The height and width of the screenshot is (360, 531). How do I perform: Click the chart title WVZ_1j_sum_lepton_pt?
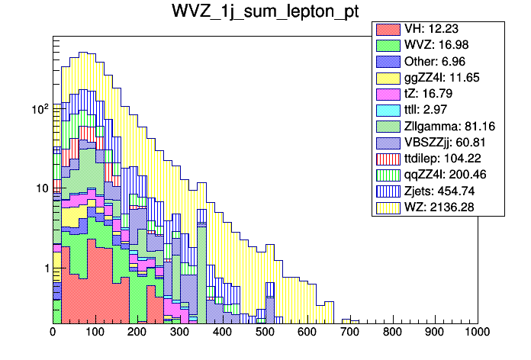(x=265, y=13)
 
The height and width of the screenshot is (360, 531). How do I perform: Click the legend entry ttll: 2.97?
(x=436, y=110)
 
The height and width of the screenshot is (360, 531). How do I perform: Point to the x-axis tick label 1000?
(x=477, y=333)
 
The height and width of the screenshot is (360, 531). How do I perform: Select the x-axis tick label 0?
(x=53, y=333)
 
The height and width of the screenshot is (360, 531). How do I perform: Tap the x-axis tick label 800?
(x=392, y=333)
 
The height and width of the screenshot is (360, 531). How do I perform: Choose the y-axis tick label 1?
(x=45, y=268)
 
